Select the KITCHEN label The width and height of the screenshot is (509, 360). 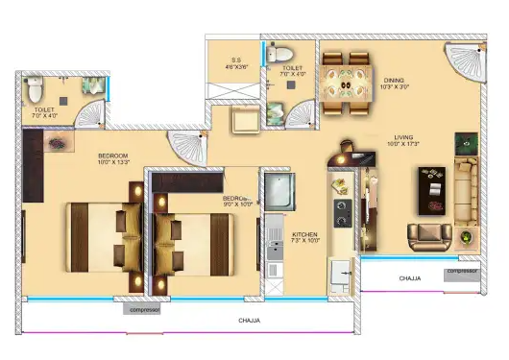coord(304,233)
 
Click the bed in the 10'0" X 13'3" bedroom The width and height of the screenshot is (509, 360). coord(101,234)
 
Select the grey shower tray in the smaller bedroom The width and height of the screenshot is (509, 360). coord(277,192)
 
